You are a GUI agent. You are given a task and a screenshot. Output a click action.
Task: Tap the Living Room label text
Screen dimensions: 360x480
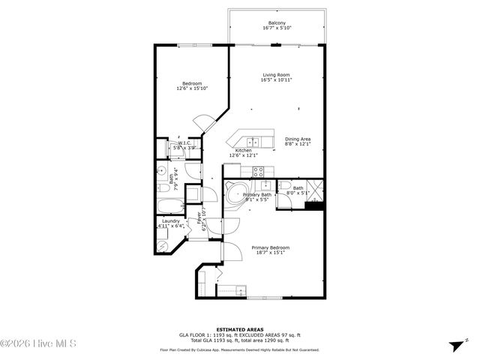(276, 75)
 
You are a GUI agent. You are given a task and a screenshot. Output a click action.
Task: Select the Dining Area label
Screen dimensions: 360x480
(298, 139)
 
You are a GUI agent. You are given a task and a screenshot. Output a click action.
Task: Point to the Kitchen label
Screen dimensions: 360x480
(244, 151)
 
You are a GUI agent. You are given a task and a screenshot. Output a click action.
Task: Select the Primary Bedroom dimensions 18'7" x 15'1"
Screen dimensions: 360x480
(270, 253)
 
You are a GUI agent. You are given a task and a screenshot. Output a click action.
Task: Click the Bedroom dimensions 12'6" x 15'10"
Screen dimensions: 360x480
(191, 88)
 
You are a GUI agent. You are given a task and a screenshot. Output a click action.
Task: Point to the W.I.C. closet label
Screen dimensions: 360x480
(185, 142)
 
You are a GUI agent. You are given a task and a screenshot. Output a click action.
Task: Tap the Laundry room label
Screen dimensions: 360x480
(169, 220)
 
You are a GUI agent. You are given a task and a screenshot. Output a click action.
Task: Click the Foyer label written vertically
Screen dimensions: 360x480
(199, 220)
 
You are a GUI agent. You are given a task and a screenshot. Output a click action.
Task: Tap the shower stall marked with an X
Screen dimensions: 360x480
(316, 188)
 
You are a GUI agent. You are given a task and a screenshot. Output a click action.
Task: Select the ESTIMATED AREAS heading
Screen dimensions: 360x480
(238, 329)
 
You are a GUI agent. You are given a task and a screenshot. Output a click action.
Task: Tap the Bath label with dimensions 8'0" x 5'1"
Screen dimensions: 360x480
(298, 190)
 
